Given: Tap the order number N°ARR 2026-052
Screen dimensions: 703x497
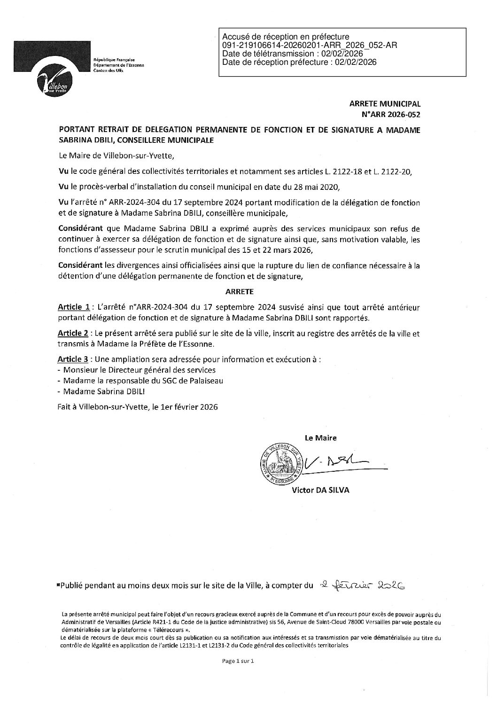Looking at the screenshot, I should coord(389,114).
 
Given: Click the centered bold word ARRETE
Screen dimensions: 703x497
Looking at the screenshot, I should coord(240,292).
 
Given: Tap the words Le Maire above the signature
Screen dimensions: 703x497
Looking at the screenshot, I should coord(321,437).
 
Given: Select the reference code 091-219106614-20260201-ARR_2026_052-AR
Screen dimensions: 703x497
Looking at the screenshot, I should coord(310,45).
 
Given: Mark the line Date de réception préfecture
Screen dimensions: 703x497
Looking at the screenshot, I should coord(299,62).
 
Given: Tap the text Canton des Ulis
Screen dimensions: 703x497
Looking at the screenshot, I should coord(108,70).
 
